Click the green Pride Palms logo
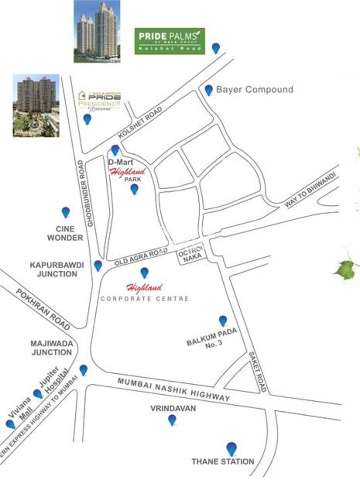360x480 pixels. coord(169,41)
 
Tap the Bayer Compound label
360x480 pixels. coord(255,90)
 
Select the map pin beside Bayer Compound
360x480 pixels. coord(209,90)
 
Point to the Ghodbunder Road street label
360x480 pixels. coord(86,195)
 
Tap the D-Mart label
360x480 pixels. coord(117,162)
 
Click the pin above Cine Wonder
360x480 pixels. coord(66,212)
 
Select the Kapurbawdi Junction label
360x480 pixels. coord(53,269)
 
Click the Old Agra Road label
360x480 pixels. coord(142,257)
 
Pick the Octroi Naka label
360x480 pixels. coord(191,252)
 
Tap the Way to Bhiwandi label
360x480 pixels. coord(310,190)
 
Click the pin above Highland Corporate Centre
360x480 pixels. coord(144,273)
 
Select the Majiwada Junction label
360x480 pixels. coord(51,347)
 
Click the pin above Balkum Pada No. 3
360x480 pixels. coord(223,321)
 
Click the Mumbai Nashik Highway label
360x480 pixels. coord(174,388)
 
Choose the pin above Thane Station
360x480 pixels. coord(231,449)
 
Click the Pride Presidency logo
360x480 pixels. coord(100,100)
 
